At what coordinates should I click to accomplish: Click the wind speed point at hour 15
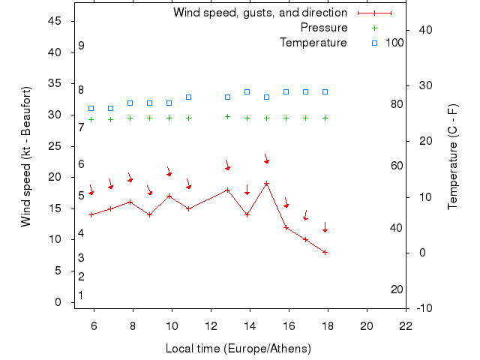click(266, 183)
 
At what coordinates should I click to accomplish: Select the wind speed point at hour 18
click(325, 252)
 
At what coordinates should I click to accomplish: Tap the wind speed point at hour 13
click(227, 190)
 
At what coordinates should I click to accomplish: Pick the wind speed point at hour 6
click(91, 214)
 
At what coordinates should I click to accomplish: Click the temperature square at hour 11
click(188, 97)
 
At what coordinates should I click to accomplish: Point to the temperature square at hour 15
click(266, 97)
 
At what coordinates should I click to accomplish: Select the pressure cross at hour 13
click(227, 116)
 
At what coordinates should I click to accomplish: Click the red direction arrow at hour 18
click(325, 227)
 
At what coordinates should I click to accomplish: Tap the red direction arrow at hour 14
click(247, 190)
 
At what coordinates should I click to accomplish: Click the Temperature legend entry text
click(313, 42)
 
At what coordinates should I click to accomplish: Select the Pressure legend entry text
click(323, 28)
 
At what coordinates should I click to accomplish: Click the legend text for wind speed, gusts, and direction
click(259, 13)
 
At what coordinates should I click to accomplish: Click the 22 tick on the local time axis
click(406, 325)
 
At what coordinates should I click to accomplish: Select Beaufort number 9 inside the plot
click(81, 46)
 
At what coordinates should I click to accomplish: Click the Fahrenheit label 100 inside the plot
click(394, 42)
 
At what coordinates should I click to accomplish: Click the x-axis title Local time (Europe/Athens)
click(238, 349)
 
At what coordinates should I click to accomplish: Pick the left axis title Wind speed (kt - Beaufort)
click(25, 156)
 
